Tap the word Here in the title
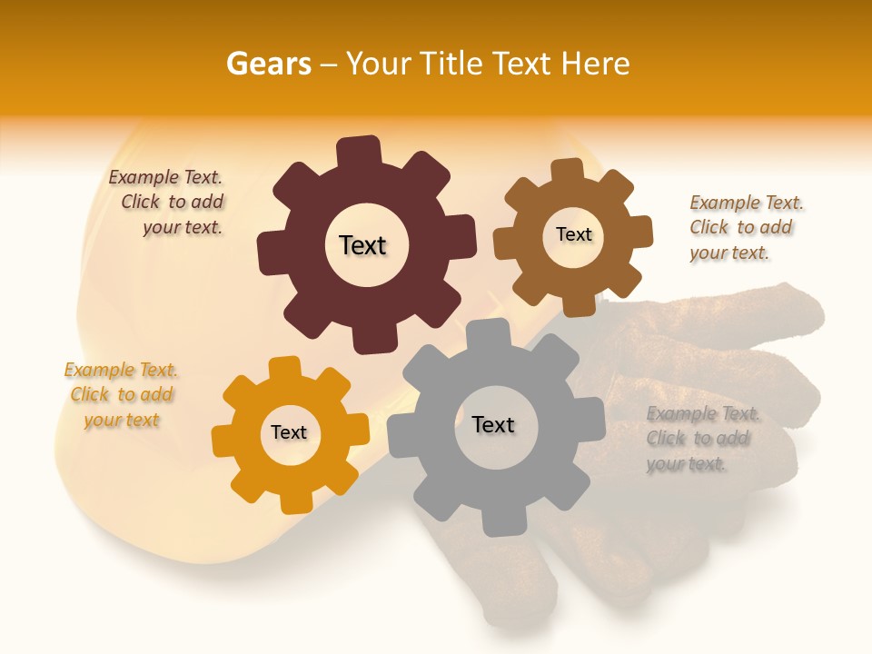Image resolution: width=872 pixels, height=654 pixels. tap(595, 64)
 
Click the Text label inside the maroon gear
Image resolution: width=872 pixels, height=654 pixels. tap(362, 245)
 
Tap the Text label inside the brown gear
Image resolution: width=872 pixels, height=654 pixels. tap(573, 234)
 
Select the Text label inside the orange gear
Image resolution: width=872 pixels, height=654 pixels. tap(289, 432)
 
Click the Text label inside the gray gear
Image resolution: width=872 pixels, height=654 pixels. tap(493, 424)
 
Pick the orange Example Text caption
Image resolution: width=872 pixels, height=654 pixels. tap(122, 395)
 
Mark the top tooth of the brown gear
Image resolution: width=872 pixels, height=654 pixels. tap(567, 171)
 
